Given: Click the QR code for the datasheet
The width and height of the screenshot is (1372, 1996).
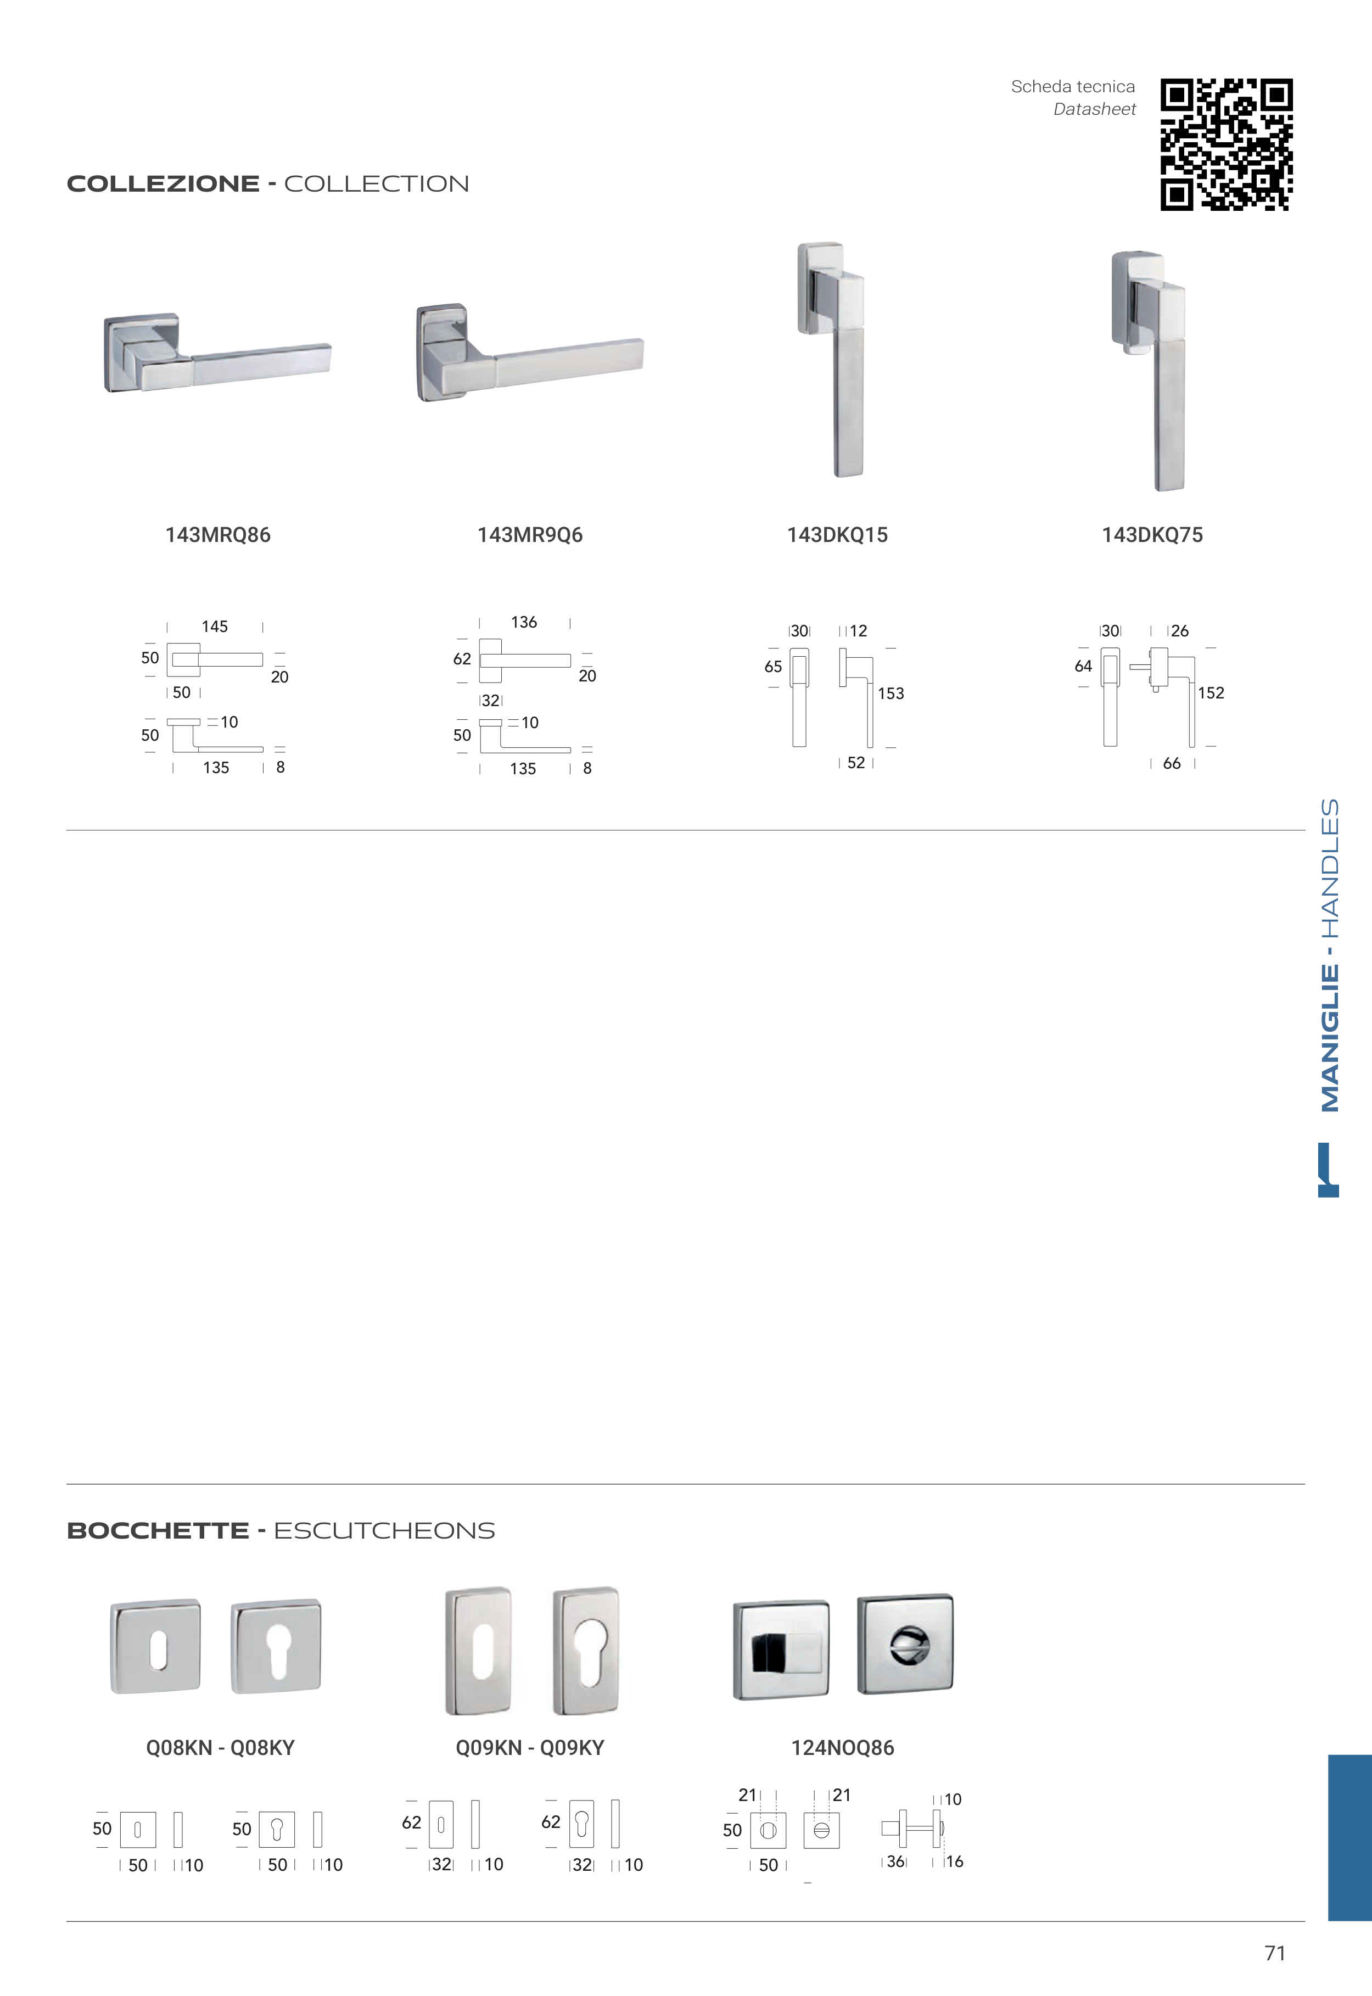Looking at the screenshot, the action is click(1226, 144).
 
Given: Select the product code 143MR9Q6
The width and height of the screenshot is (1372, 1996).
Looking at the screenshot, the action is click(530, 535).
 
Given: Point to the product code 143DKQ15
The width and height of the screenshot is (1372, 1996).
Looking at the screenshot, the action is click(837, 535).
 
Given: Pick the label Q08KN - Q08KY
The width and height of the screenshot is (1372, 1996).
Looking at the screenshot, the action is click(220, 1748).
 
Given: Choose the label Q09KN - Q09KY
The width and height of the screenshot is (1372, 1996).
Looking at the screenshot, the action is click(530, 1748).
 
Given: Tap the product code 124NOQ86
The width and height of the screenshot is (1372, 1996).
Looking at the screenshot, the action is click(842, 1748).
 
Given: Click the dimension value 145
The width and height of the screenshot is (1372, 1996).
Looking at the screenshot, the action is click(215, 627).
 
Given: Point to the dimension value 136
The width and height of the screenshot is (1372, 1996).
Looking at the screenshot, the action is click(524, 622).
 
